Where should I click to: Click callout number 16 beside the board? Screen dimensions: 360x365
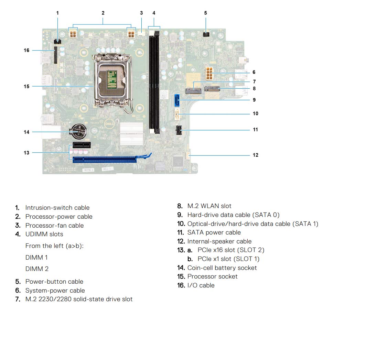coord(26,50)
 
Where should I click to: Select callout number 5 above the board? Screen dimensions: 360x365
coord(205,13)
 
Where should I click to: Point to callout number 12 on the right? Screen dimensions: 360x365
coord(255,155)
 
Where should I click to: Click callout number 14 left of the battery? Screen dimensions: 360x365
coord(26,132)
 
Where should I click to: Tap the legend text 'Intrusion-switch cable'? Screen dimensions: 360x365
coord(57,208)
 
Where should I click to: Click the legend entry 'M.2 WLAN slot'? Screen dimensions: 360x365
coord(209,206)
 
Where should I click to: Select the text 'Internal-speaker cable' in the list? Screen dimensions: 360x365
coord(219,241)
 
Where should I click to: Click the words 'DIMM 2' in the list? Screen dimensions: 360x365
coord(37,269)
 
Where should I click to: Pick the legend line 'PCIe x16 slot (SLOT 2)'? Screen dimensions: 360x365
coord(231,250)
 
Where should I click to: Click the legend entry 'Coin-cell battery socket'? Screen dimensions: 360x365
coord(222,268)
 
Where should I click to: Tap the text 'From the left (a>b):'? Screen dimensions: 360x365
coord(54,246)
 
